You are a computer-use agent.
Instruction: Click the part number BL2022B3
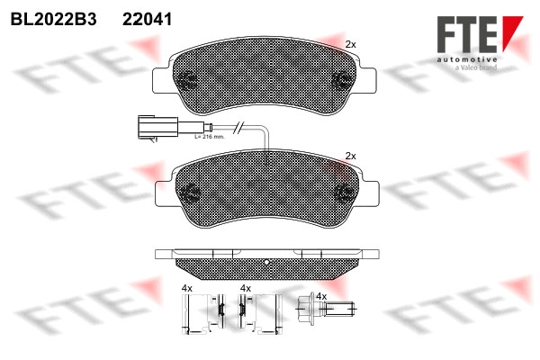pos(51,18)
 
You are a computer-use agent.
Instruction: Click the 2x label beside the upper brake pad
pos(351,44)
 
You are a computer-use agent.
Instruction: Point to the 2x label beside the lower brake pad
pos(351,156)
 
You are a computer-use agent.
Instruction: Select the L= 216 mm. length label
pos(209,136)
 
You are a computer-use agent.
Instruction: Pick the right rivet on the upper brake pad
pos(342,78)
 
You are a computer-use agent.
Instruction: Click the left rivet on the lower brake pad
pos(190,192)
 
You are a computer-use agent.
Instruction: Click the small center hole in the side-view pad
pos(268,263)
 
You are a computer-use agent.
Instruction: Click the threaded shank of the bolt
pos(338,311)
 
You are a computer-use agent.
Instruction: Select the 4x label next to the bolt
pos(321,296)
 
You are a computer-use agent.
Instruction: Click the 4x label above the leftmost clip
pos(187,288)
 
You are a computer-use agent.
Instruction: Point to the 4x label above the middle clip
pos(246,288)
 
